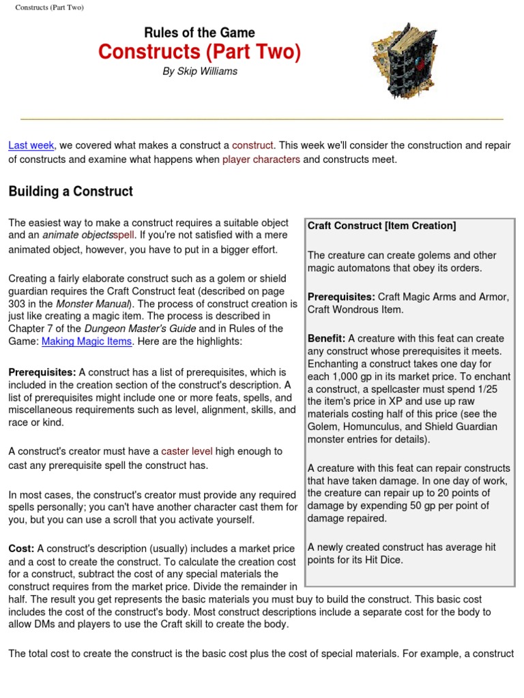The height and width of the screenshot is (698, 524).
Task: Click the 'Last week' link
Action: click(x=31, y=146)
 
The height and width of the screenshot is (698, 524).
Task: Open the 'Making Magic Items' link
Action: click(x=87, y=342)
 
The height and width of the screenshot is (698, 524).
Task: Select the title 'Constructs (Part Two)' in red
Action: click(x=199, y=52)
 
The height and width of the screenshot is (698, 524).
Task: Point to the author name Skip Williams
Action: click(x=200, y=72)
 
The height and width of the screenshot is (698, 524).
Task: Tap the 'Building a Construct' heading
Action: click(x=71, y=192)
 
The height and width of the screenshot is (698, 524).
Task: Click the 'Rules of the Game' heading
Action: click(x=199, y=33)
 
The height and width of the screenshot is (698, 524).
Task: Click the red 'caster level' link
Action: click(x=187, y=451)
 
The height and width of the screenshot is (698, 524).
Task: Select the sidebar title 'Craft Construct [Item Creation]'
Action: click(x=381, y=226)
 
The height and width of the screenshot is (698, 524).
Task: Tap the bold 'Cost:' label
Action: click(x=22, y=549)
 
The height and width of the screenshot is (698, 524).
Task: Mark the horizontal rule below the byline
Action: click(x=262, y=119)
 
